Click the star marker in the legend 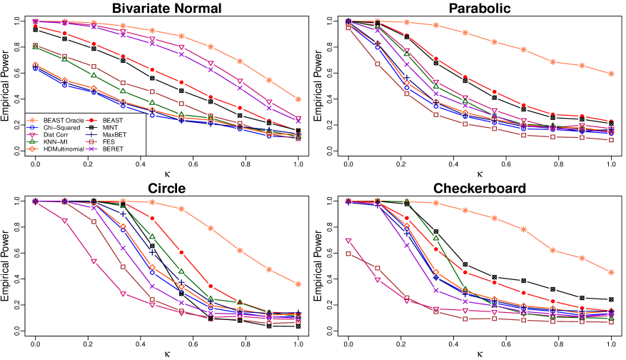coord(31,120)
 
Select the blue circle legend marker coord(31,127)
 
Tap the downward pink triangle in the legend coord(31,134)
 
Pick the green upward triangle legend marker coord(31,141)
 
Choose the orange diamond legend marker coord(31,149)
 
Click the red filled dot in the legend coord(91,120)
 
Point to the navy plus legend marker coord(91,134)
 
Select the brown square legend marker coord(91,141)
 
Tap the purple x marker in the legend coord(91,149)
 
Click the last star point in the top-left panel coord(298,99)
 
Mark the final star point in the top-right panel coord(611,74)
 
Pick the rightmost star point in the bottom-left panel coord(298,284)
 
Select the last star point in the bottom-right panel coord(611,272)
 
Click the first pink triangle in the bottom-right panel coord(348,241)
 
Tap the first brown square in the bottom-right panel coord(348,254)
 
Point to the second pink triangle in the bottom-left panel coord(64,221)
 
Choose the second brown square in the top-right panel coord(378,64)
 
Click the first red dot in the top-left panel coord(35,26)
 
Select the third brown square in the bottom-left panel coord(94,221)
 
